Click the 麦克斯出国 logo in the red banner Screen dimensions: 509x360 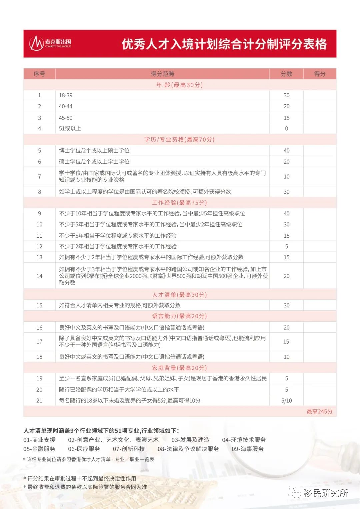pos(50,43)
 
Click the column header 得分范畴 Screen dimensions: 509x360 pos(162,74)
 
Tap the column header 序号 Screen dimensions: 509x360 pos(39,74)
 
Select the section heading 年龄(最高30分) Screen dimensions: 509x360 pos(179,85)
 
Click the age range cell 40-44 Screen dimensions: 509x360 pos(66,106)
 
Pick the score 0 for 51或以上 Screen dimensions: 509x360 pos(286,128)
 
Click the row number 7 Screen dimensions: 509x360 pos(39,176)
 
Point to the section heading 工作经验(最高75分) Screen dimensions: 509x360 pos(179,202)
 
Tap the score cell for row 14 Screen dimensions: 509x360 pos(286,276)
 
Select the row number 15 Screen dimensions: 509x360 pos(39,305)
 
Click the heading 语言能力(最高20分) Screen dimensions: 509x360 pos(179,316)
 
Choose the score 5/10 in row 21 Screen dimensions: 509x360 pos(286,400)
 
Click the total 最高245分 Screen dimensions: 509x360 pos(319,411)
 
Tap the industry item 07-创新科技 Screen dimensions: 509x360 pos(129,449)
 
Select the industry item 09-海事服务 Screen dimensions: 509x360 pos(248,449)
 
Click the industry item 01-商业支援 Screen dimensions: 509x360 pos(39,440)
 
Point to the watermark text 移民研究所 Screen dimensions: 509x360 pos(325,493)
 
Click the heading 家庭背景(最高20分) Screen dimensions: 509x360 pos(179,368)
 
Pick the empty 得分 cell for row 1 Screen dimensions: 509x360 pos(320,95)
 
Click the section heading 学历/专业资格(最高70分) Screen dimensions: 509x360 pos(179,139)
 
